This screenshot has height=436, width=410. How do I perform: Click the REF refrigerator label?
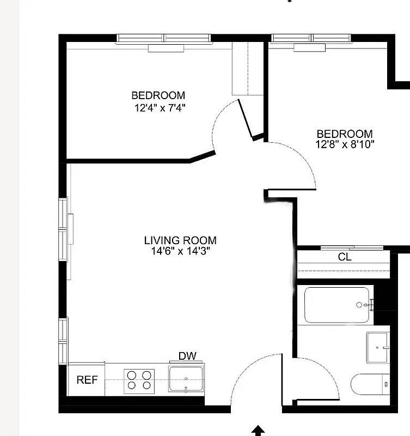pyautogui.click(x=87, y=380)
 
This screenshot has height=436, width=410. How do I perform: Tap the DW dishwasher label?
pyautogui.click(x=187, y=356)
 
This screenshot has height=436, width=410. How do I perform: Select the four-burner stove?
pyautogui.click(x=139, y=381)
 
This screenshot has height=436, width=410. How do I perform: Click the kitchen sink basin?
pyautogui.click(x=186, y=378)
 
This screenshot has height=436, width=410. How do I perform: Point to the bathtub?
pyautogui.click(x=336, y=305)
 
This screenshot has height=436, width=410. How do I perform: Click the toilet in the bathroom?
pyautogui.click(x=369, y=385)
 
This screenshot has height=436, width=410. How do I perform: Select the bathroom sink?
pyautogui.click(x=378, y=347)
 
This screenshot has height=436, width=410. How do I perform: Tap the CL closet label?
pyautogui.click(x=345, y=257)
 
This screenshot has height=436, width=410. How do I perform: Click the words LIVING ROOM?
pyautogui.click(x=180, y=240)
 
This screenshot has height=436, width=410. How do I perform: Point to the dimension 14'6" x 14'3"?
pyautogui.click(x=180, y=251)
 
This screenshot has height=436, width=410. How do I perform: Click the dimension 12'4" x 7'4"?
pyautogui.click(x=160, y=107)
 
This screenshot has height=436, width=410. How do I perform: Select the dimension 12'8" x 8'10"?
pyautogui.click(x=345, y=144)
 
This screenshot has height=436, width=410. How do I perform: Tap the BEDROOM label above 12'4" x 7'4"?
pyautogui.click(x=158, y=95)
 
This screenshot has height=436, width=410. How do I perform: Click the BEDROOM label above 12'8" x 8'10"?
pyautogui.click(x=345, y=134)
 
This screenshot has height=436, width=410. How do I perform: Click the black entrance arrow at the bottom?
pyautogui.click(x=259, y=431)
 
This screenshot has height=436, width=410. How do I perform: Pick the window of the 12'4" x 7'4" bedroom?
pyautogui.click(x=164, y=38)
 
